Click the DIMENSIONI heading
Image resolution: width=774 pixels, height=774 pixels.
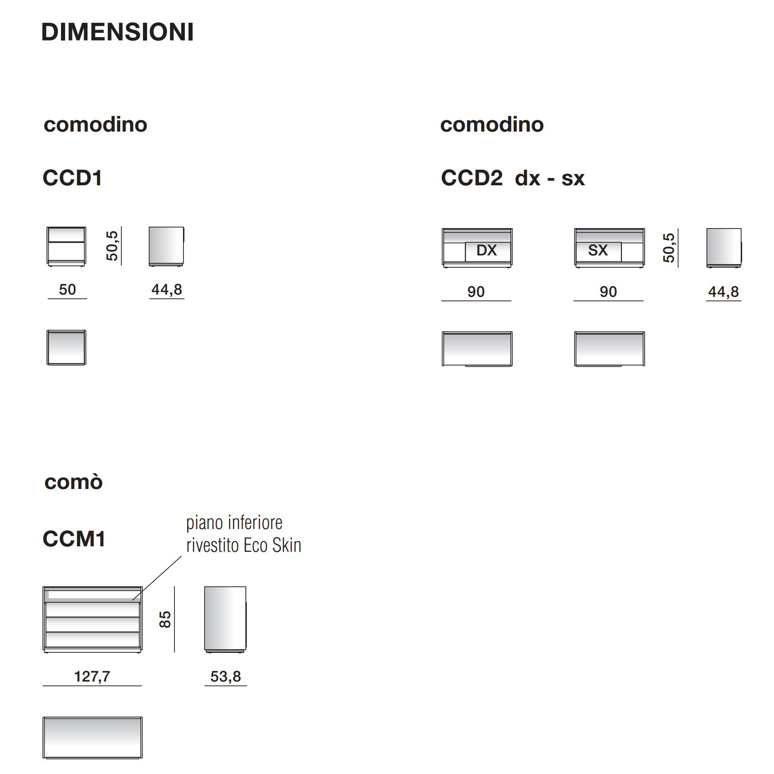[x=117, y=32]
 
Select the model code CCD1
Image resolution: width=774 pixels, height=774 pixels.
[x=72, y=178]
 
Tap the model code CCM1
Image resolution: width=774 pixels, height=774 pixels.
[x=74, y=539]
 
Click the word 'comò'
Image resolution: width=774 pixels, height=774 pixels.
[x=74, y=482]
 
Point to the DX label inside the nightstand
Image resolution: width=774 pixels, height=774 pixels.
[x=486, y=250]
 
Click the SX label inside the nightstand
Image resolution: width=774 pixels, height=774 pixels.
[x=598, y=250]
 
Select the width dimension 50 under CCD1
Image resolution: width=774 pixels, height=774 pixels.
[x=67, y=290]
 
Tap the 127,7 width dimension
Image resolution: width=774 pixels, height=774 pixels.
[x=92, y=677]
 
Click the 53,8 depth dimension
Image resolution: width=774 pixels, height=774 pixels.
[x=225, y=677]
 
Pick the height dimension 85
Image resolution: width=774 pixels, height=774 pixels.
[x=165, y=620]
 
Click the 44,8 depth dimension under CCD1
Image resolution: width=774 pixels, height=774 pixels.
[x=167, y=290]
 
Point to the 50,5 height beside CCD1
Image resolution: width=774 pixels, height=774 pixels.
[x=112, y=246]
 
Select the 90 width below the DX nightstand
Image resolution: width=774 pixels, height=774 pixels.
[x=476, y=292]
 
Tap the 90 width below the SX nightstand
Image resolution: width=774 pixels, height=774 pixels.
[x=608, y=292]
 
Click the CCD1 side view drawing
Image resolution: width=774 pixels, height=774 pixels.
[x=167, y=246]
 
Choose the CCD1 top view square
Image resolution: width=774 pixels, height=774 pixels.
[x=66, y=347]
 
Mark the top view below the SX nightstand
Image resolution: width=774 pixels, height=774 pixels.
[x=610, y=349]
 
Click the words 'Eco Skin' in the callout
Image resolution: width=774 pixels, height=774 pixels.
[x=272, y=545]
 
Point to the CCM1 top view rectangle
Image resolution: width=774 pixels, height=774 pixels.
[x=92, y=738]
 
